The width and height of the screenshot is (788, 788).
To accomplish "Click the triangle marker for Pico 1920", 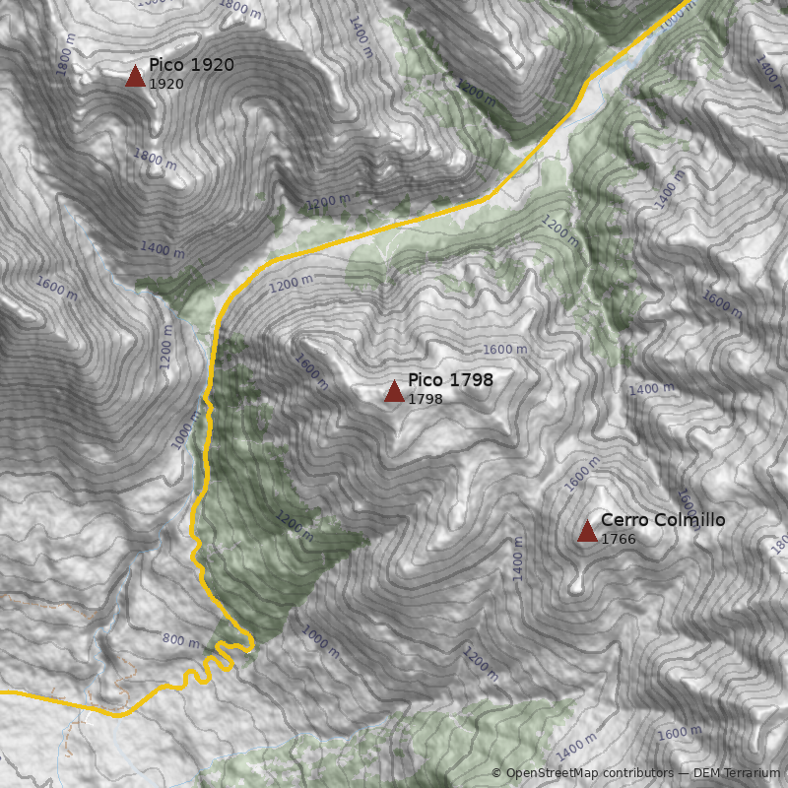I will coord(135,76).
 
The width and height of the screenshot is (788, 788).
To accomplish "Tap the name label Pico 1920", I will coord(191,65).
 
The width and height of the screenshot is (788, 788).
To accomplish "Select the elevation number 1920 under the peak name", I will coord(166,84).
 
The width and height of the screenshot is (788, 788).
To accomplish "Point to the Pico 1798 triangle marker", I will coord(394,392).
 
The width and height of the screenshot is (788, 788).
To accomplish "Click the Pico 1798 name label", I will coord(450,380).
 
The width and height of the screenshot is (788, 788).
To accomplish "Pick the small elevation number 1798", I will coord(426,399).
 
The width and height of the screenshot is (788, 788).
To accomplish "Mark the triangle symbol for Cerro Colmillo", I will coord(587,532).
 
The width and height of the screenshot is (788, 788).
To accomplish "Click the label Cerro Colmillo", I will coord(663,520).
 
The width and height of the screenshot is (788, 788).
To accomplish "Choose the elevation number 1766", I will coord(619,539).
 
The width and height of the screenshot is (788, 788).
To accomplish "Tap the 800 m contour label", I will coord(180,640).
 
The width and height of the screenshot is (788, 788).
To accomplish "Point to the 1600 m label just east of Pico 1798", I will coord(504,350).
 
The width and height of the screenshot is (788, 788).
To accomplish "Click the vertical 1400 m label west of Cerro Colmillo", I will coord(518,558).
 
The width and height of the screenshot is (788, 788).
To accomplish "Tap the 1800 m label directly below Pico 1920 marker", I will coord(155,158).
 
